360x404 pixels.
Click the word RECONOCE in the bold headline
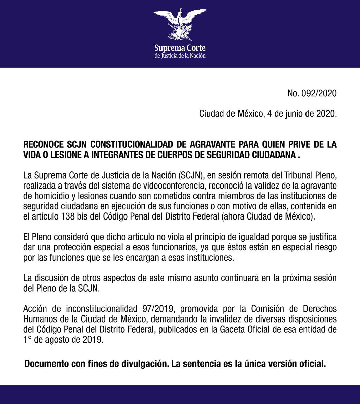click(42, 144)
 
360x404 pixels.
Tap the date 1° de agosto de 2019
click(63, 340)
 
